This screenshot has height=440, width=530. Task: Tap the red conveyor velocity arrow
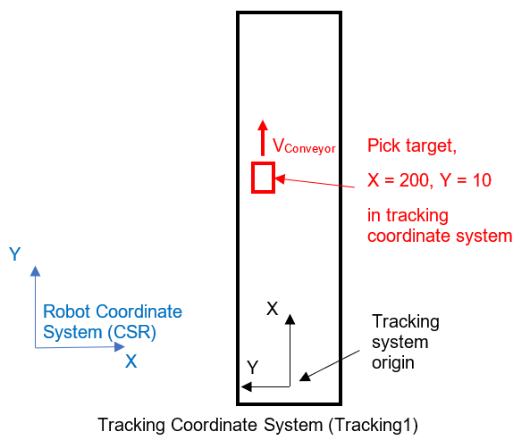tap(263, 137)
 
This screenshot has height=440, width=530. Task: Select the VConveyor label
tap(304, 146)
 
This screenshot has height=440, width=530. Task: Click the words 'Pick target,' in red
tap(412, 146)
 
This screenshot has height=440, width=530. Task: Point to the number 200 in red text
tap(414, 180)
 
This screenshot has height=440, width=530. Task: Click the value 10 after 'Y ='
tap(482, 180)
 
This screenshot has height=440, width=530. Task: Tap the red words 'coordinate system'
tap(440, 236)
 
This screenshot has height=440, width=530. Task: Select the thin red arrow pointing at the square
tap(315, 182)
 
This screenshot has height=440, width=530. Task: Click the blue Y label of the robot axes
tap(15, 254)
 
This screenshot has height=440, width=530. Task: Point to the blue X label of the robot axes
tap(131, 361)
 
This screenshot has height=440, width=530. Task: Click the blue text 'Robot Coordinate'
tap(113, 311)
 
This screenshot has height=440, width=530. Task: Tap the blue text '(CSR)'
tap(132, 332)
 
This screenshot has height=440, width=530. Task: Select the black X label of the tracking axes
tap(272, 309)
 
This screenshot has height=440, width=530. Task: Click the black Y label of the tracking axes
tap(253, 368)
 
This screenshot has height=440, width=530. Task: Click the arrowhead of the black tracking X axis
tap(290, 319)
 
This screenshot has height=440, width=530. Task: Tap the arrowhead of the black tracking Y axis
tap(246, 386)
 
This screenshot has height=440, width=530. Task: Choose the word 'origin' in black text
tap(393, 363)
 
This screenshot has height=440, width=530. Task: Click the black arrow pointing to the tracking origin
tap(330, 366)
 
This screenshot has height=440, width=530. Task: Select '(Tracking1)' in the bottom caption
tap(374, 425)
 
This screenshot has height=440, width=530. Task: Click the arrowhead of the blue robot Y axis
tap(35, 271)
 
